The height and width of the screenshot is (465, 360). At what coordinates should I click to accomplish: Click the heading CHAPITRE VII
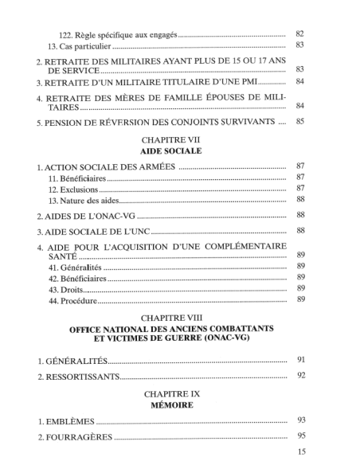(x=178, y=137)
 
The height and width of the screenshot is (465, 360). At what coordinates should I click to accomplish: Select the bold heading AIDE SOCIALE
(x=178, y=149)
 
